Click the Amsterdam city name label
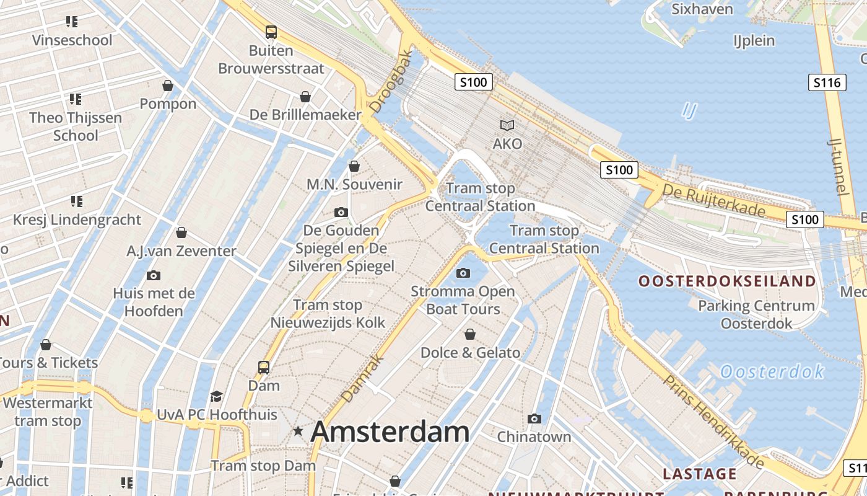[390, 432]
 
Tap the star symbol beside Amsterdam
[298, 431]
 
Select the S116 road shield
[827, 82]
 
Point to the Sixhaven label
[702, 9]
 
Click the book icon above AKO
[507, 126]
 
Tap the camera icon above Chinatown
[534, 419]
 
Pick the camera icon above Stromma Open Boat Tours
[463, 273]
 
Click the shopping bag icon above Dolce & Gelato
[470, 335]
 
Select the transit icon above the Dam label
[264, 367]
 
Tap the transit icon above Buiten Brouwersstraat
[271, 32]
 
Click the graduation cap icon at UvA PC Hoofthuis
[216, 396]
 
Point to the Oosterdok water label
[772, 372]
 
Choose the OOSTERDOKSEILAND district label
[727, 281]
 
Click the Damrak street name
[362, 378]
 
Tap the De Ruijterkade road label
[713, 200]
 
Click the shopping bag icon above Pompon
[168, 86]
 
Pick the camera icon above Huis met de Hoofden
[154, 276]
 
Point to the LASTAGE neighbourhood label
[699, 474]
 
